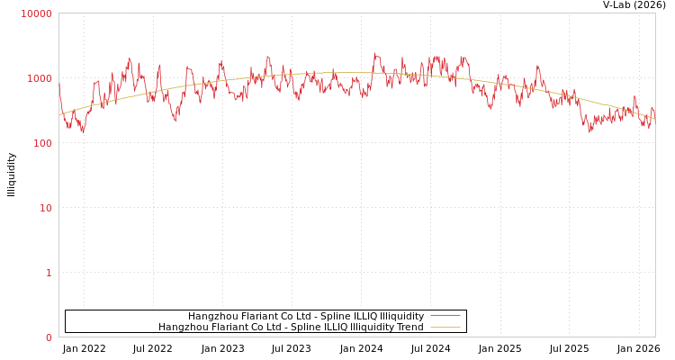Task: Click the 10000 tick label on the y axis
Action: (37, 13)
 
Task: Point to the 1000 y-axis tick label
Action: (40, 78)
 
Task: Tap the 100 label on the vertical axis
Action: (42, 143)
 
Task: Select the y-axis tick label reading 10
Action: (45, 208)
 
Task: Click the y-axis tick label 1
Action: (49, 273)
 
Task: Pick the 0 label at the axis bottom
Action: (49, 337)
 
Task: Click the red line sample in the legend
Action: (445, 316)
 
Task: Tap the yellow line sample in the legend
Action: (445, 327)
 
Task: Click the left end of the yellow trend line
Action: (59, 114)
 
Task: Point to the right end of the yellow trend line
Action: (654, 117)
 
